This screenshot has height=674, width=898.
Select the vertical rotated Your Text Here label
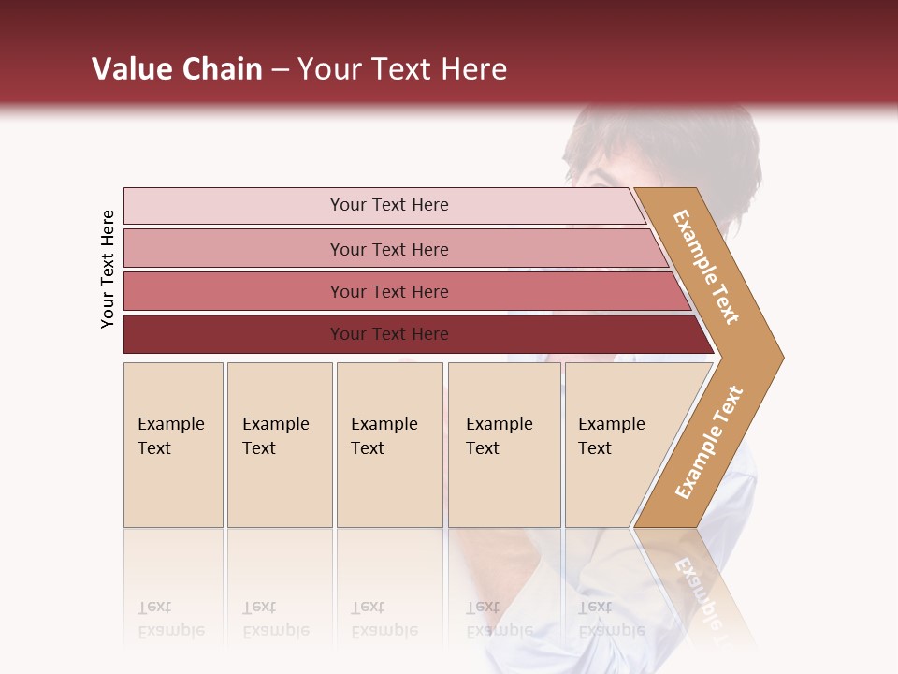109,269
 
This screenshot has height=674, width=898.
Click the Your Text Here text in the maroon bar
389,334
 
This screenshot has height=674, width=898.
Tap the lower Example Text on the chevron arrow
709,443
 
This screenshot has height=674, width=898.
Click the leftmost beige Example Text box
173,445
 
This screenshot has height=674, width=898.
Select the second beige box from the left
279,445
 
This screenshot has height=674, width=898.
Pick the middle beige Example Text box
389,445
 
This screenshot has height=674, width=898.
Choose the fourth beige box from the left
503,445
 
